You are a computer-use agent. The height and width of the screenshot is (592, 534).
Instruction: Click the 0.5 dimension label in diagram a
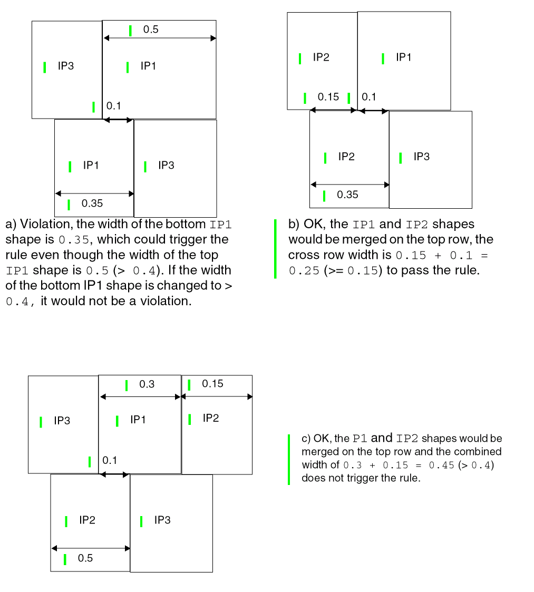tap(151, 30)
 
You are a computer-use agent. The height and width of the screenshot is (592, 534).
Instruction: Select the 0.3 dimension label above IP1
tap(147, 384)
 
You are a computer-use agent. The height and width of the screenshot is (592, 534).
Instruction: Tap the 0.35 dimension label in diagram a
tap(92, 203)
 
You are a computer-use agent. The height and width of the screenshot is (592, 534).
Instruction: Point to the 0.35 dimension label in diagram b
tap(347, 195)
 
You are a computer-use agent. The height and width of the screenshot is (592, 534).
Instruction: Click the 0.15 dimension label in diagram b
tap(328, 97)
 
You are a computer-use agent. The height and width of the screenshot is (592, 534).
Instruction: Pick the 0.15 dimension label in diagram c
tap(212, 384)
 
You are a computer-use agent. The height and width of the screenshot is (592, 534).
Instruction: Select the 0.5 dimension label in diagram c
tap(85, 558)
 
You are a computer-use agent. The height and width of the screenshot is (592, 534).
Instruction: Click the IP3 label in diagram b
tap(421, 157)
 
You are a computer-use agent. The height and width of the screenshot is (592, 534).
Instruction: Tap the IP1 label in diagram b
tap(403, 57)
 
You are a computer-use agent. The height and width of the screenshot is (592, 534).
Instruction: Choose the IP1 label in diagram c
tap(138, 420)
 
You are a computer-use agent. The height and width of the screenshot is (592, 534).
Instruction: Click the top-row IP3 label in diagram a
tap(65, 66)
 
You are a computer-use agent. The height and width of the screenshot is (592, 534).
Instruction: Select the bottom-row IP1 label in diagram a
tap(91, 166)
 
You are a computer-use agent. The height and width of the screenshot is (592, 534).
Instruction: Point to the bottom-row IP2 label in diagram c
tap(87, 520)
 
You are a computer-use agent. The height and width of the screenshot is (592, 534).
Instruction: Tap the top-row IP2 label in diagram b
tap(321, 57)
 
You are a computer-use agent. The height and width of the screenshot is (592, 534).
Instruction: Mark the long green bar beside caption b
tap(275, 248)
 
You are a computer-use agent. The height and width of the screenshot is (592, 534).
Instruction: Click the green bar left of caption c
tap(289, 459)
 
